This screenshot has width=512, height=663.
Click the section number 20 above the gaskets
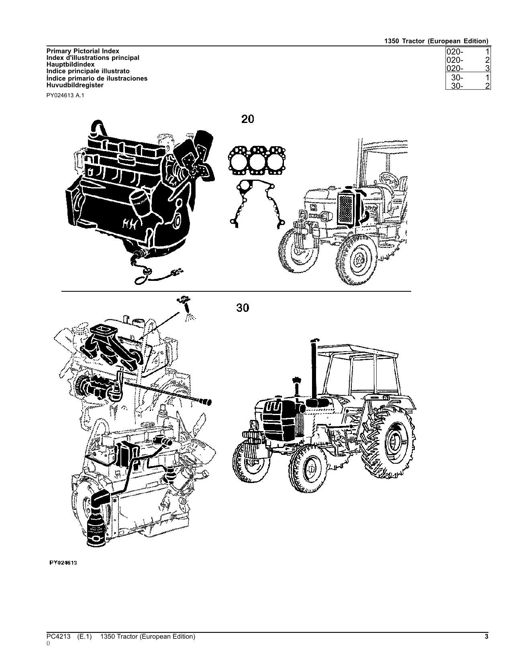click(247, 119)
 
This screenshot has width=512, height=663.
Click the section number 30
click(243, 308)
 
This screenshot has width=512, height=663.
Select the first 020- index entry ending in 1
click(468, 52)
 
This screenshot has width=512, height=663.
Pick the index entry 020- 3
click(468, 68)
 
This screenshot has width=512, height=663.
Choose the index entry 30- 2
click(468, 86)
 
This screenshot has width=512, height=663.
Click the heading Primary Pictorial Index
click(83, 51)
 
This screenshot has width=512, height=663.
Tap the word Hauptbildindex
click(70, 64)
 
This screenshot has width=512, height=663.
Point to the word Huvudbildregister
click(75, 85)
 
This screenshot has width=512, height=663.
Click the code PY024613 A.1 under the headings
click(65, 96)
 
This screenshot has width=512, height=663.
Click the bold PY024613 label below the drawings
click(63, 563)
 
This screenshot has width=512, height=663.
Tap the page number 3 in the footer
click(486, 636)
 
